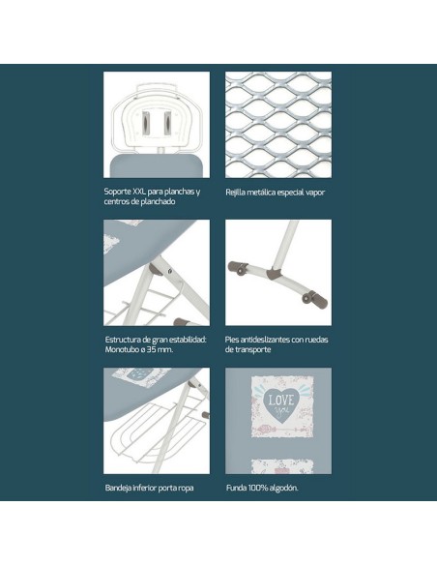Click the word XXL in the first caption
click(139, 192)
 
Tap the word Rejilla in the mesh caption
click(235, 193)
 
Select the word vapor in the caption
click(315, 193)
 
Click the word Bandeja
click(118, 488)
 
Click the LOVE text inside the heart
click(281, 400)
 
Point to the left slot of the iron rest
click(144, 123)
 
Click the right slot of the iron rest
click(167, 123)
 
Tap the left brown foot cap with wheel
click(238, 268)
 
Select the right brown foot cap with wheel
click(315, 298)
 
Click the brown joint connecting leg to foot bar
click(274, 273)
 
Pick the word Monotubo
click(122, 349)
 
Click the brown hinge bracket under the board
click(157, 269)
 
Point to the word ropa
click(186, 489)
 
